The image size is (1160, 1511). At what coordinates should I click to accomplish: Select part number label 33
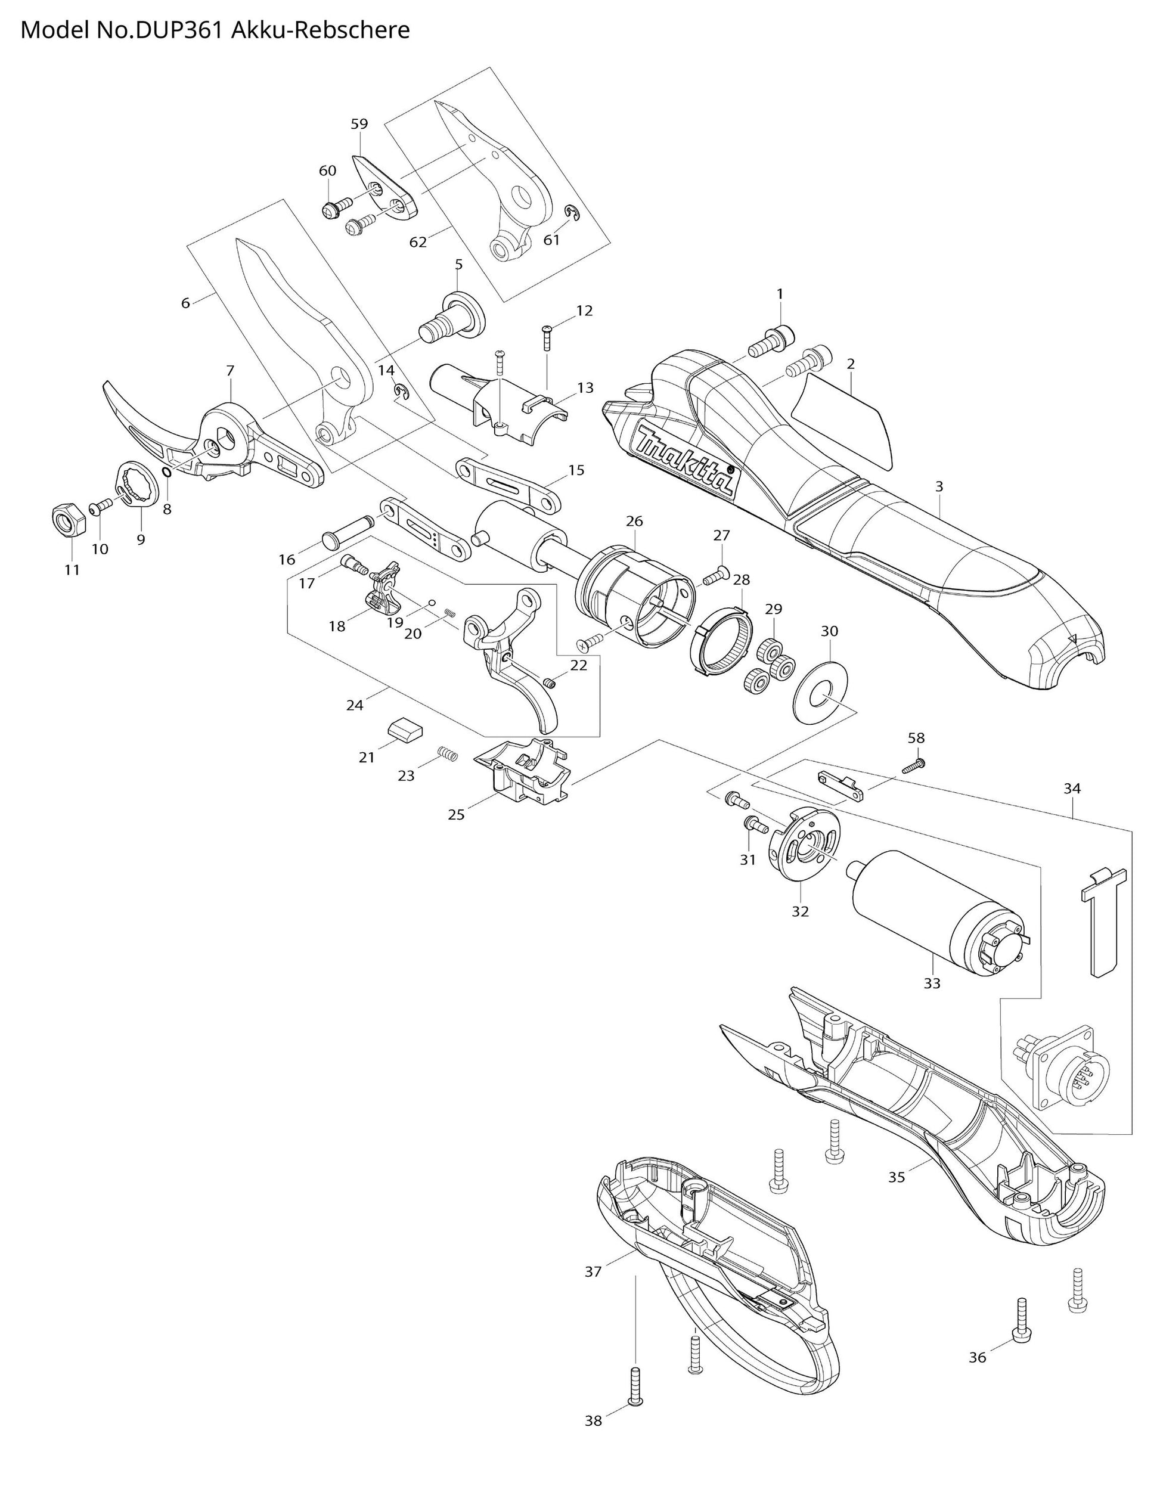point(932,983)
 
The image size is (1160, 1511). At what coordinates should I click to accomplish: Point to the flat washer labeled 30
point(821,693)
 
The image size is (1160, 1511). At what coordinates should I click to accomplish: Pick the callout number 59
point(359,124)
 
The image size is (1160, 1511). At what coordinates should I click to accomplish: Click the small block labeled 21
point(402,729)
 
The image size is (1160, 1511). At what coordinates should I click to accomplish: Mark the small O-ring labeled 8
point(166,472)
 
